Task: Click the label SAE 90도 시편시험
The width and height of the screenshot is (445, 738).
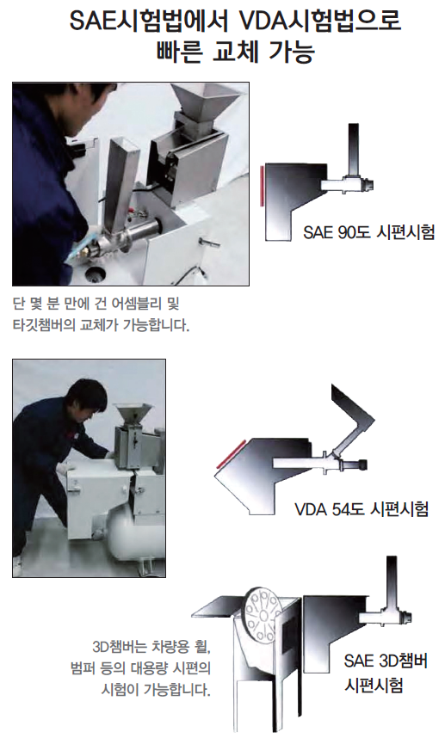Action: pos(368,232)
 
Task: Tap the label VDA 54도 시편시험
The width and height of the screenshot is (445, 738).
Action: pos(362,509)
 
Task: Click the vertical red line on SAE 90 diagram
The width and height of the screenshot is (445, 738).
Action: pos(262,186)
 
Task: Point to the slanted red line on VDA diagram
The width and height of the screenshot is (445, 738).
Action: pos(231,453)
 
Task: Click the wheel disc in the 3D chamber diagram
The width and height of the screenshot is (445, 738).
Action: pos(262,613)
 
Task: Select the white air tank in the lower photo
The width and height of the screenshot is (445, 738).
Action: pos(137,537)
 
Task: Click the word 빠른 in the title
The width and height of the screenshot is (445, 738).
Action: pos(179,52)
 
